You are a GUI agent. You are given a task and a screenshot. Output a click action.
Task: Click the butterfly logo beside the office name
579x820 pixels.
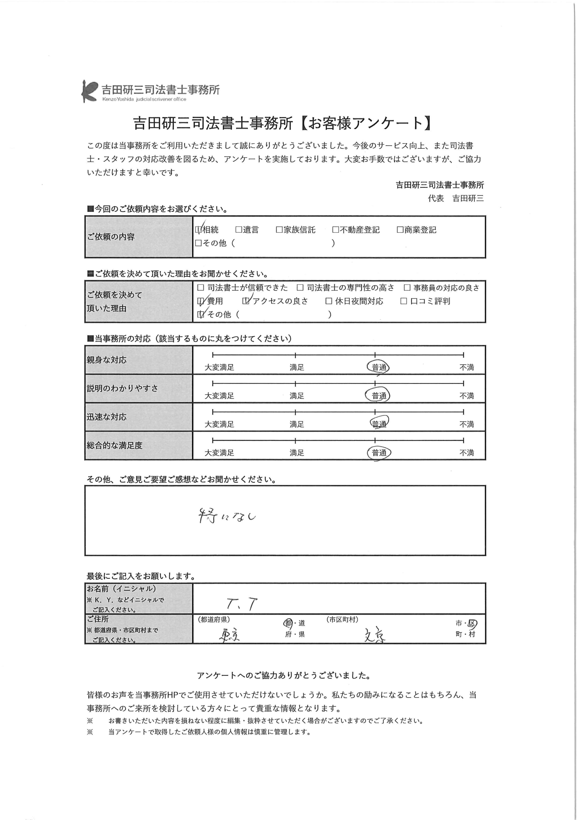point(89,91)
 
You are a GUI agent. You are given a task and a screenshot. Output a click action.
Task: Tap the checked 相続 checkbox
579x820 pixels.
point(198,230)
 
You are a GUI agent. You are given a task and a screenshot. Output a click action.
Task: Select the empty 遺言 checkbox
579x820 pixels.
point(239,230)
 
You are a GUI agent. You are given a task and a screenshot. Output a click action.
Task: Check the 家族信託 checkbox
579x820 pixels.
point(279,230)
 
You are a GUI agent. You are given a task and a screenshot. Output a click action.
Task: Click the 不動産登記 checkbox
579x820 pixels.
point(335,230)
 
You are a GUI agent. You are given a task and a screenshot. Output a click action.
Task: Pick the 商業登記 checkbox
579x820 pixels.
point(400,230)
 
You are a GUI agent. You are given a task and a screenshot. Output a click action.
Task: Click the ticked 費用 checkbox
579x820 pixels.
point(201,301)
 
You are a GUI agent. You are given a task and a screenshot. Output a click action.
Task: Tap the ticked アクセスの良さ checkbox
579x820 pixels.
point(246,301)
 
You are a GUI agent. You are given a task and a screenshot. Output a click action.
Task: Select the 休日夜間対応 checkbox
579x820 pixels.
point(329,301)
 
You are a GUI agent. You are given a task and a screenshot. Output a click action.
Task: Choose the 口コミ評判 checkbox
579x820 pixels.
point(403,301)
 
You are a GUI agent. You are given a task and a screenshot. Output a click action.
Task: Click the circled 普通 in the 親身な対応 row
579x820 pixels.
point(378,367)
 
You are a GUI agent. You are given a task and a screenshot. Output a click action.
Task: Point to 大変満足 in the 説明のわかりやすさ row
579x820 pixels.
point(219,396)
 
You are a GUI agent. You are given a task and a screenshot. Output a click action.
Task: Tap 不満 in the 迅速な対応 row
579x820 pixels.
point(466,424)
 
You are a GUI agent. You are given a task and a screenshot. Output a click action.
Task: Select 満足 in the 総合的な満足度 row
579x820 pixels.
point(297,453)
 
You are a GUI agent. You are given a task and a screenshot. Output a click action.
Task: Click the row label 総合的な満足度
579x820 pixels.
point(115,445)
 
